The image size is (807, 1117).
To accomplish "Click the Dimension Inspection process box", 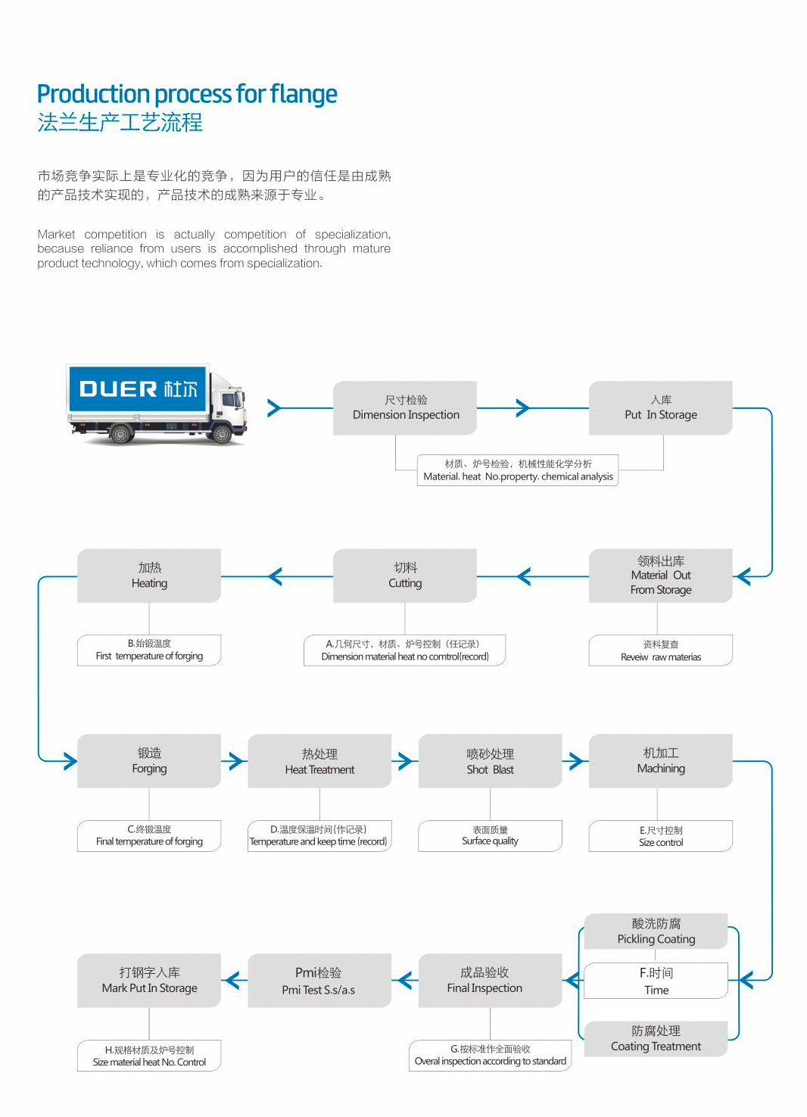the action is click(x=405, y=408).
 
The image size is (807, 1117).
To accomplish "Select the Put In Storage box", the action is click(x=660, y=408).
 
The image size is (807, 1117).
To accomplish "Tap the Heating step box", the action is click(x=149, y=576).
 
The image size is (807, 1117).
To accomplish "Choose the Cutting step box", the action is click(x=405, y=576).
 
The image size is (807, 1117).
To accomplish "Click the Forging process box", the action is click(x=149, y=761).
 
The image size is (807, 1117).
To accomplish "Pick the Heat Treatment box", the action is click(x=319, y=761).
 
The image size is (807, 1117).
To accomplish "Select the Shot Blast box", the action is click(x=490, y=761).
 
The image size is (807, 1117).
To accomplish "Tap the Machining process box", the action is click(x=660, y=761).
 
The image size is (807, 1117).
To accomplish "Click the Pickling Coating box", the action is click(x=656, y=931).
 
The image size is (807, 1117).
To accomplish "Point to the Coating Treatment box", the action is click(x=656, y=1039).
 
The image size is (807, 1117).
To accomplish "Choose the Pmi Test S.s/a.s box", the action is click(x=319, y=981).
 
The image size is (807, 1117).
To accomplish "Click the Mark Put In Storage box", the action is click(x=149, y=981).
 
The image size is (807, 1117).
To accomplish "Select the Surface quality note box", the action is click(x=490, y=836).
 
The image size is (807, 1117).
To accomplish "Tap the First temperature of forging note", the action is click(x=149, y=651).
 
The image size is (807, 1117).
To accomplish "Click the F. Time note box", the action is click(x=656, y=981).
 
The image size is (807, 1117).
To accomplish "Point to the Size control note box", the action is click(x=660, y=836).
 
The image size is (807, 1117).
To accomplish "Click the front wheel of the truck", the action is click(x=222, y=435).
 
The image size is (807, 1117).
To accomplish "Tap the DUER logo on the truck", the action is click(x=138, y=389).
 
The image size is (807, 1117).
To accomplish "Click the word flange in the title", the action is click(x=304, y=94).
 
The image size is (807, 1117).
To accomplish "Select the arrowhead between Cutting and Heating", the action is click(x=275, y=576).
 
